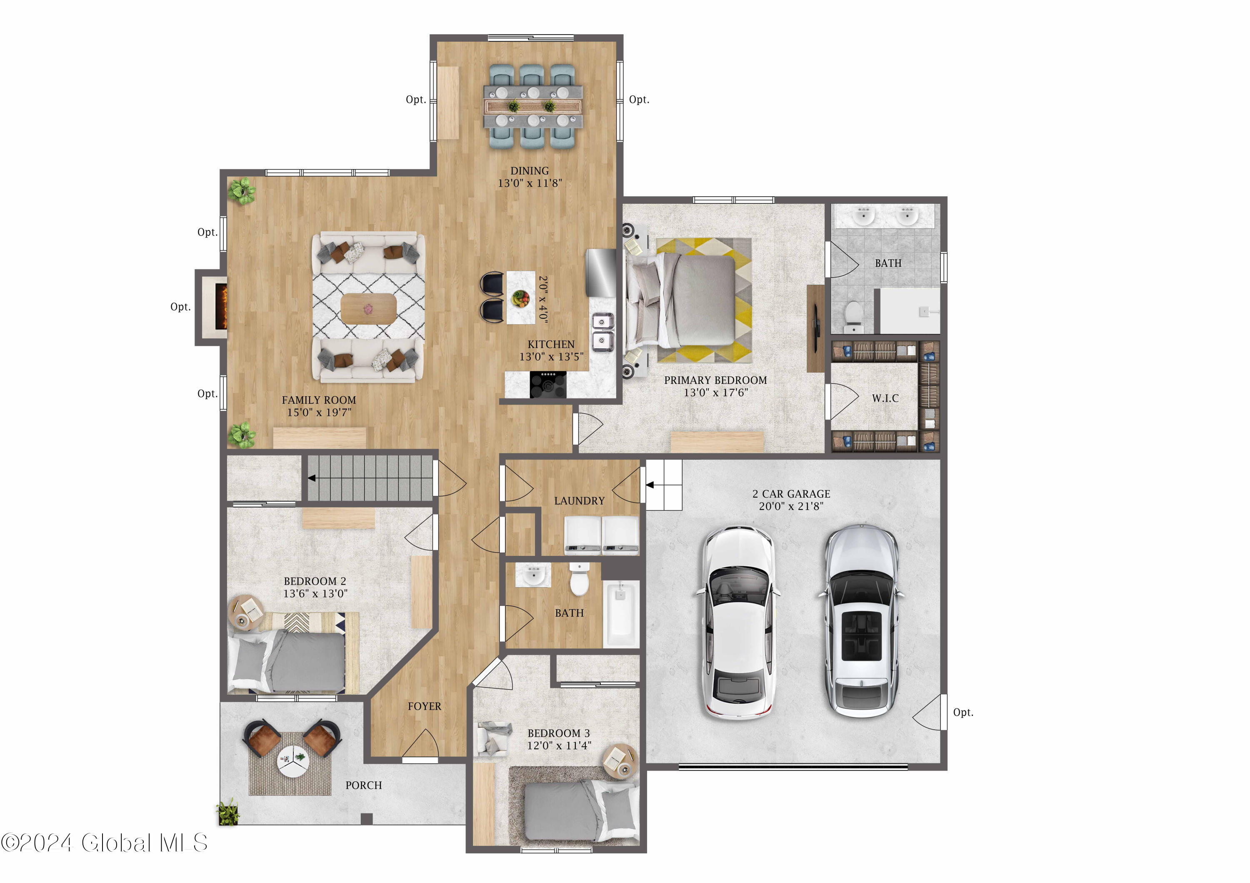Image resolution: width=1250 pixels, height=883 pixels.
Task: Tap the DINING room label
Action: tap(529, 171)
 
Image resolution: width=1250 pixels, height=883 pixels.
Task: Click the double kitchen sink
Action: tap(602, 332)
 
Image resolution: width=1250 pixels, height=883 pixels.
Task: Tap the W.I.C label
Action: tap(885, 398)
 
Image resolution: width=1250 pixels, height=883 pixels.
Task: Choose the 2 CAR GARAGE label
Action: tap(791, 494)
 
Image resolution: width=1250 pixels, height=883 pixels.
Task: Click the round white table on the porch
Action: tap(293, 761)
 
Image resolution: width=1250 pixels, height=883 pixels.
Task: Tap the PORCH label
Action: tap(364, 785)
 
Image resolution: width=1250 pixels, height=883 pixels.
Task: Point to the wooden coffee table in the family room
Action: tap(369, 309)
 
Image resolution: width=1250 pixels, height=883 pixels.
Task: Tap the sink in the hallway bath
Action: tap(533, 575)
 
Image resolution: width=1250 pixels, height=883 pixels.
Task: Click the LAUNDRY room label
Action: tap(579, 501)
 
